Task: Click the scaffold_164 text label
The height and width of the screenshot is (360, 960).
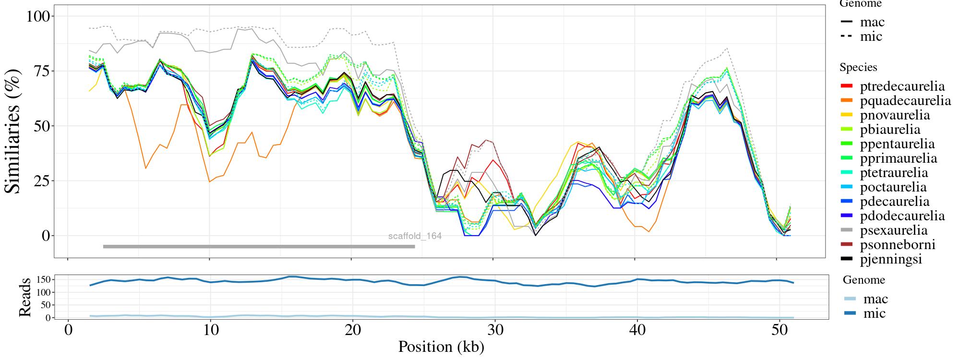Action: (x=415, y=236)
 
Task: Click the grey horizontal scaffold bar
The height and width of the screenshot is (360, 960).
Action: (x=259, y=247)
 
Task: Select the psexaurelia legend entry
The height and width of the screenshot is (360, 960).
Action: (x=893, y=230)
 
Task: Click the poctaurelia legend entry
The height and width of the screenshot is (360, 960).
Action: (x=893, y=187)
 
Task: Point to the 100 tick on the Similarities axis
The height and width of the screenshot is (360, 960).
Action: (x=38, y=16)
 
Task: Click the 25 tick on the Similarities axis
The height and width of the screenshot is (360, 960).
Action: (x=42, y=181)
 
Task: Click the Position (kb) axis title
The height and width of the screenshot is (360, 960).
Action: (x=441, y=347)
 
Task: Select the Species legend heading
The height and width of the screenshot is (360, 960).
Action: (x=858, y=68)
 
